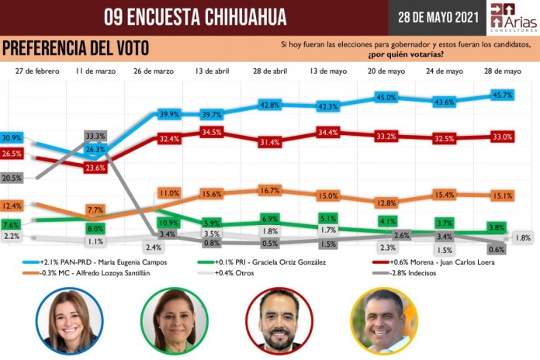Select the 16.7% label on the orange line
click(x=269, y=190)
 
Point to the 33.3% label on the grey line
click(x=95, y=136)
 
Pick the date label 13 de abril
click(x=210, y=71)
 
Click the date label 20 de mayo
click(x=386, y=71)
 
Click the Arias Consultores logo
click(x=512, y=17)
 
